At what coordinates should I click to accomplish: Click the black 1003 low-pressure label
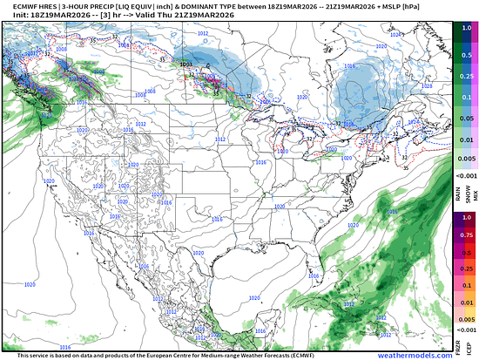point(185,63)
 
